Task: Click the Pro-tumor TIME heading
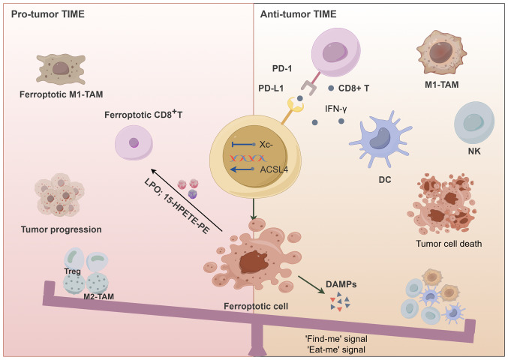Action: coord(48,14)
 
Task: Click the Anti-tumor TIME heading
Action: coord(298,14)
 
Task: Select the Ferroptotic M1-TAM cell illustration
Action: coord(61,69)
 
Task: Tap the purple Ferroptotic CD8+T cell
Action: coord(134,142)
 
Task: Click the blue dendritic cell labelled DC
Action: coord(380,139)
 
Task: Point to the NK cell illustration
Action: coord(474,122)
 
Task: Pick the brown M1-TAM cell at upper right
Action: coord(441,52)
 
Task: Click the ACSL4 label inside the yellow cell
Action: coord(274,169)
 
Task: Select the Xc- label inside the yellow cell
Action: coord(266,145)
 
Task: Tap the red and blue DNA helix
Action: coord(248,158)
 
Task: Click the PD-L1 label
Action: coord(271,88)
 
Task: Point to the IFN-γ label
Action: coord(336,109)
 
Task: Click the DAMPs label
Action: coord(341,284)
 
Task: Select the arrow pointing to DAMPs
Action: coord(311,285)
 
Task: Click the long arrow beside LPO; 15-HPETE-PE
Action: coord(187,200)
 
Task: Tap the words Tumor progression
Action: coord(62,229)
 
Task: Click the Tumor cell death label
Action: coord(449,244)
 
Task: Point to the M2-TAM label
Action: coord(99,296)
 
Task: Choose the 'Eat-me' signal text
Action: coord(336,349)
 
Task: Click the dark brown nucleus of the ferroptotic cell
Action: coord(254,262)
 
